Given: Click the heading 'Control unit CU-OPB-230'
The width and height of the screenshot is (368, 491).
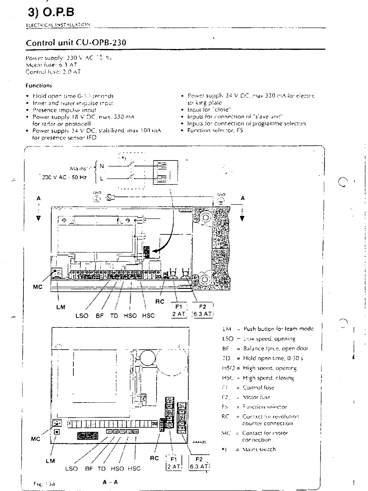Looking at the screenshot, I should point(76,43).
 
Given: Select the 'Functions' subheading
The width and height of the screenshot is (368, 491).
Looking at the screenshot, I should point(39,86).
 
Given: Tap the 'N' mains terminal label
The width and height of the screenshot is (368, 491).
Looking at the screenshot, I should point(102,166).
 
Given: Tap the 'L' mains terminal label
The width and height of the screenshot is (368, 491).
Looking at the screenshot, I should point(102,178).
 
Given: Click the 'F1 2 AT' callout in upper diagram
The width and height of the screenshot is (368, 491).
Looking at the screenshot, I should point(179,310).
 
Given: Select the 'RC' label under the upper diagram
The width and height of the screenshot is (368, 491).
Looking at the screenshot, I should point(160,302).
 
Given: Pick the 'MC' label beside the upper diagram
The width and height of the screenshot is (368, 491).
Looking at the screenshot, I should point(37,287).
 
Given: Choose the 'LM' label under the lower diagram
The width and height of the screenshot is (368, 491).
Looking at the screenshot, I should point(50,461).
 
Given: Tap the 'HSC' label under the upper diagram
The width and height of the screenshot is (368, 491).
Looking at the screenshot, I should point(148,316).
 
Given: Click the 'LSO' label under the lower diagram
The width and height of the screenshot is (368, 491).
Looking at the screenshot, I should point(72,469).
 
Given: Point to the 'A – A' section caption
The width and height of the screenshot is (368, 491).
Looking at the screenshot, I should point(110,482).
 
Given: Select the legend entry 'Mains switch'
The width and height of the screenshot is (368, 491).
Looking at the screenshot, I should point(259,449).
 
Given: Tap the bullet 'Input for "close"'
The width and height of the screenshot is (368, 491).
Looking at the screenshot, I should point(209,110).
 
